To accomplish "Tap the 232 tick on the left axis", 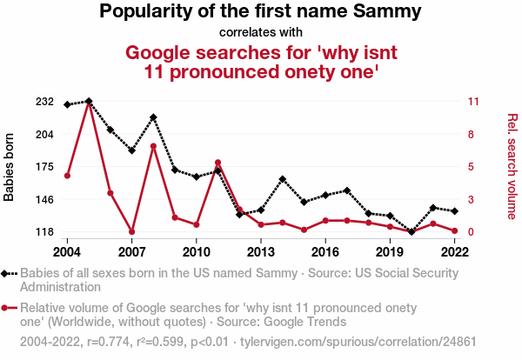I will (45, 102).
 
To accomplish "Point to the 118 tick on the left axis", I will (45, 232).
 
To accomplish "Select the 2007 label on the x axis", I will (131, 252).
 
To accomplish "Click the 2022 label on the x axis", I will (455, 252).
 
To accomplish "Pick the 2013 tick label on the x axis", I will (261, 252).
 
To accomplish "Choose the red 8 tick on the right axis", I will (472, 134).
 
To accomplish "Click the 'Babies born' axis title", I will (10, 167).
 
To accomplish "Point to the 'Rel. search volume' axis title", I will (512, 167).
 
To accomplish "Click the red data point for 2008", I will (153, 146).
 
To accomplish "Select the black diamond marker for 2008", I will (153, 117).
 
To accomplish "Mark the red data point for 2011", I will (217, 163).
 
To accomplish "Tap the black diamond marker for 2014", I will (283, 179).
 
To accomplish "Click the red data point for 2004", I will (67, 176).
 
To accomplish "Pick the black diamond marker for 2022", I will (455, 210).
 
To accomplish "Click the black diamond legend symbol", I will (9, 272).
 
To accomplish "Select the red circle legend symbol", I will (9, 307).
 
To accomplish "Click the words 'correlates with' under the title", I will (260, 33).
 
